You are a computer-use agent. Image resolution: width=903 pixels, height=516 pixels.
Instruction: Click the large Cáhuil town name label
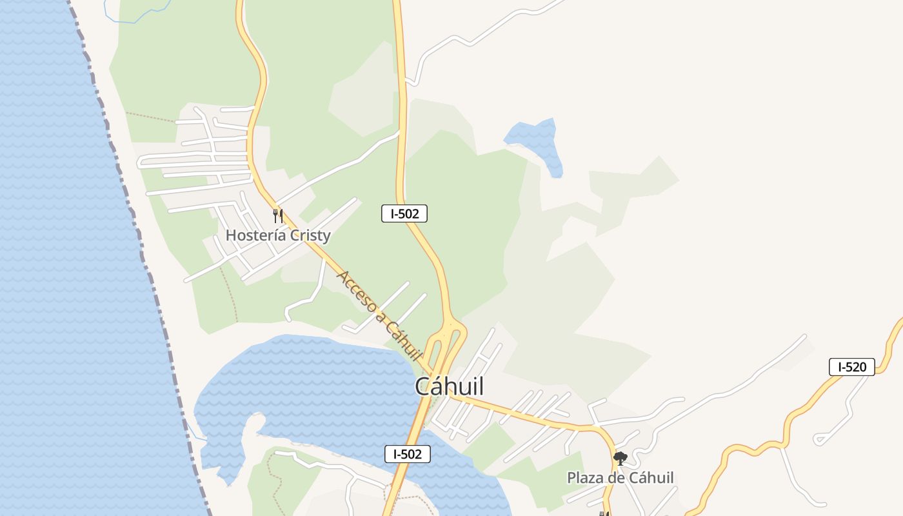click(x=449, y=386)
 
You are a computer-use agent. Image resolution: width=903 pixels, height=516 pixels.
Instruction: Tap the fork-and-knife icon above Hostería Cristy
click(x=278, y=215)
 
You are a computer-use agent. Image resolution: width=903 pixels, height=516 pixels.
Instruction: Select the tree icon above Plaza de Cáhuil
click(x=620, y=459)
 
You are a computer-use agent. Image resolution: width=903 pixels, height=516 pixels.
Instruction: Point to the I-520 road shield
click(x=851, y=367)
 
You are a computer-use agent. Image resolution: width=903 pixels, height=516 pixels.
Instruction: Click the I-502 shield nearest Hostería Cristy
click(x=404, y=213)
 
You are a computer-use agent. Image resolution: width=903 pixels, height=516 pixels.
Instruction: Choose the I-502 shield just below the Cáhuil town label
click(x=407, y=454)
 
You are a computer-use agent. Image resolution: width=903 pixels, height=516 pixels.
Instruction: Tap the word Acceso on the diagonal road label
click(x=356, y=291)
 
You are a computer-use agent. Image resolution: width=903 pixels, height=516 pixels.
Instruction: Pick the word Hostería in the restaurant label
click(x=255, y=235)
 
